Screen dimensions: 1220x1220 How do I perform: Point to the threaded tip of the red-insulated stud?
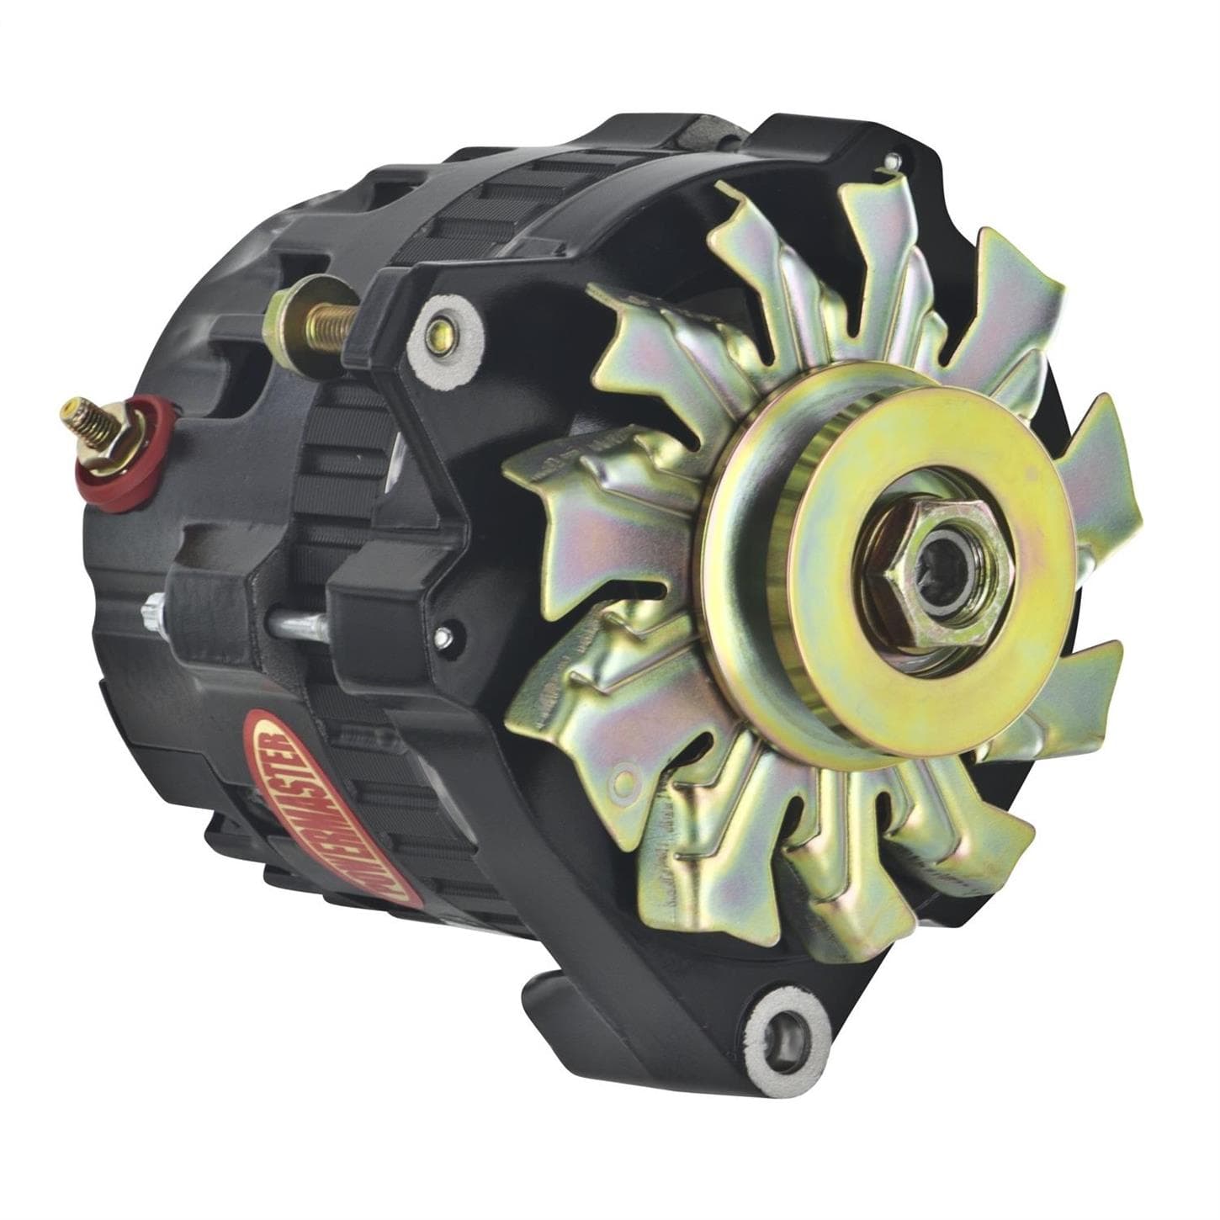tap(67, 412)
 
